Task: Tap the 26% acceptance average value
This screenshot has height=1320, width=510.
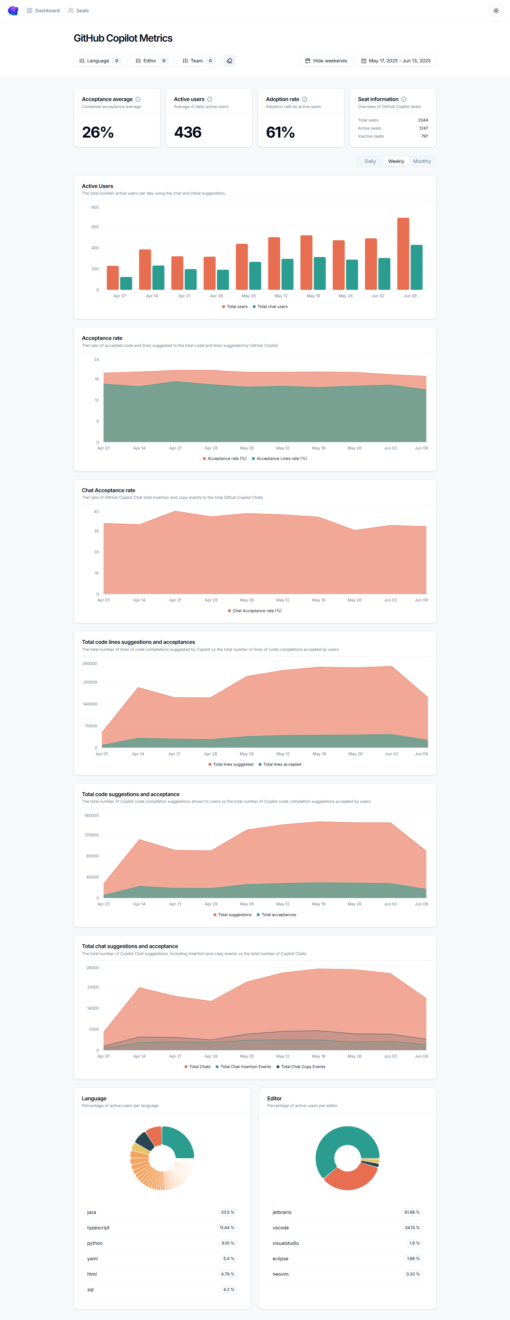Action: tap(98, 132)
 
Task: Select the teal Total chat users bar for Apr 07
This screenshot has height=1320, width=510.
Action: tap(126, 283)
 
